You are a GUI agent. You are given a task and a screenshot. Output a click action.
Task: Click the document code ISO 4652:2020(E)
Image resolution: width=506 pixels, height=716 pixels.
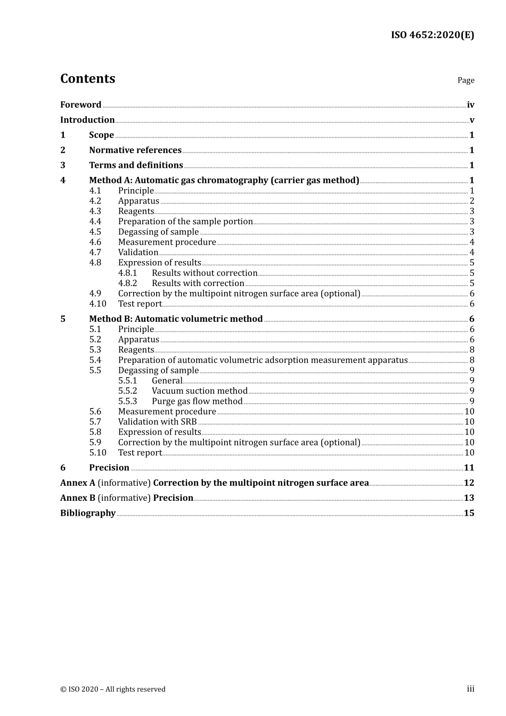[432, 35]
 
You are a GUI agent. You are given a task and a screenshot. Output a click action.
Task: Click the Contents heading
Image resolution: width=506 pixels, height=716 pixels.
[87, 79]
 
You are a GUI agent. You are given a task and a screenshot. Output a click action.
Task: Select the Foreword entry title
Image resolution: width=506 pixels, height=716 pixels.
[80, 105]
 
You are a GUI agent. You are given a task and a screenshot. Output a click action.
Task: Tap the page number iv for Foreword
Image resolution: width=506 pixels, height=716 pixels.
[470, 105]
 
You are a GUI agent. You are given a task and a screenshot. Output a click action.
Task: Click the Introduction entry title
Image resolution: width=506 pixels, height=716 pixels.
[87, 120]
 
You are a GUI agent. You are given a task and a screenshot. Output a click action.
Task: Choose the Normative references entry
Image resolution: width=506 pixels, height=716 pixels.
[135, 150]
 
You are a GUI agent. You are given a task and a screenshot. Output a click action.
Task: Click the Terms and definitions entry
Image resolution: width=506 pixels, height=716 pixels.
[136, 165]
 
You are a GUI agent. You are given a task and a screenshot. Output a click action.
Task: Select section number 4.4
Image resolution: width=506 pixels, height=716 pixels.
[95, 222]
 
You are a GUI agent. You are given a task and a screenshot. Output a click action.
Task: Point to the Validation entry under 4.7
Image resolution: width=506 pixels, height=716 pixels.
[138, 253]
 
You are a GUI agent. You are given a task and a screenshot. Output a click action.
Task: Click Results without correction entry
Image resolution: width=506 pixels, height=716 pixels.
[205, 273]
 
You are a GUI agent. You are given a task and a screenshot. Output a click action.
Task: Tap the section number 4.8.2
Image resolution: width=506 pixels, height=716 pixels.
[127, 283]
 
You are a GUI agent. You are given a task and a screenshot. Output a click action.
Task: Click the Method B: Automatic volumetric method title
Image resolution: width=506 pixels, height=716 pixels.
[176, 319]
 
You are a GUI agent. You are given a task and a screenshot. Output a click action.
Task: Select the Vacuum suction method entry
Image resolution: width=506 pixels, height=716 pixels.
[200, 391]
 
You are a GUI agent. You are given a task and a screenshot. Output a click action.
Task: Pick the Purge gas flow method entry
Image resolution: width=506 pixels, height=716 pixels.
[197, 401]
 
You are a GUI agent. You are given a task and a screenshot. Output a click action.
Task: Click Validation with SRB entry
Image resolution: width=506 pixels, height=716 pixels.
[157, 422]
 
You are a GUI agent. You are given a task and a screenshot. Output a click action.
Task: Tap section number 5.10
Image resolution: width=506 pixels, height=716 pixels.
[97, 453]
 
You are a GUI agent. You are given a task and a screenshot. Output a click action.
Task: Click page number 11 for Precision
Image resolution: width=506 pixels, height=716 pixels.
[469, 468]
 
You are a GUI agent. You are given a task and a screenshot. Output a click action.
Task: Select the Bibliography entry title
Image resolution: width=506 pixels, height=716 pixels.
[88, 513]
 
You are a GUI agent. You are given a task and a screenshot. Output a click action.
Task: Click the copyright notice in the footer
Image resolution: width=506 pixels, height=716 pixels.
[113, 689]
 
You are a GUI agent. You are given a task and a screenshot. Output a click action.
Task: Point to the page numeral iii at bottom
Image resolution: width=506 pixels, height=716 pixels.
[470, 689]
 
